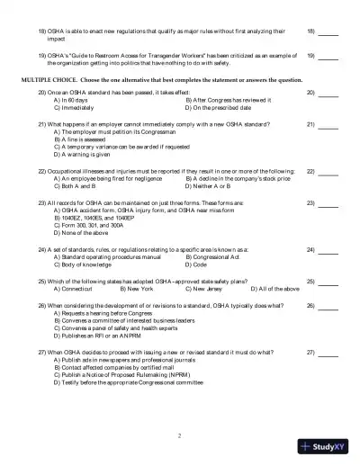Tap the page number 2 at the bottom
179,435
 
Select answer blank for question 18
328,32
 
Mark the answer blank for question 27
328,352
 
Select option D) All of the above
274,289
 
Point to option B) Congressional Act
216,256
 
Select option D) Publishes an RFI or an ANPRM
105,334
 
